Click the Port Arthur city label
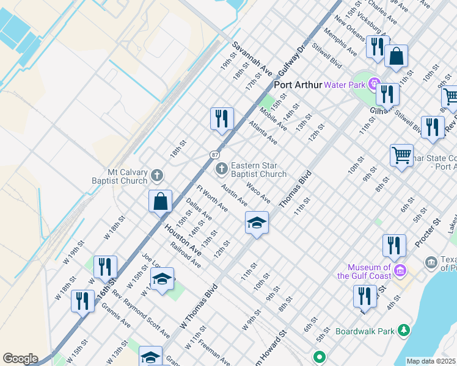tap(298, 85)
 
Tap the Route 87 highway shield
tap(216, 155)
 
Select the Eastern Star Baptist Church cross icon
tap(224, 167)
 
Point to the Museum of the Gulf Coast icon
tap(400, 269)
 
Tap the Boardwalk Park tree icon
tap(403, 331)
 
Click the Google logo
tap(20, 359)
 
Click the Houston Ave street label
tap(182, 239)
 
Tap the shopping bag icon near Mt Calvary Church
tap(160, 201)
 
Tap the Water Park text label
tap(344, 85)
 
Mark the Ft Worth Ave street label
tap(211, 199)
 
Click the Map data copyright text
tap(431, 361)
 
